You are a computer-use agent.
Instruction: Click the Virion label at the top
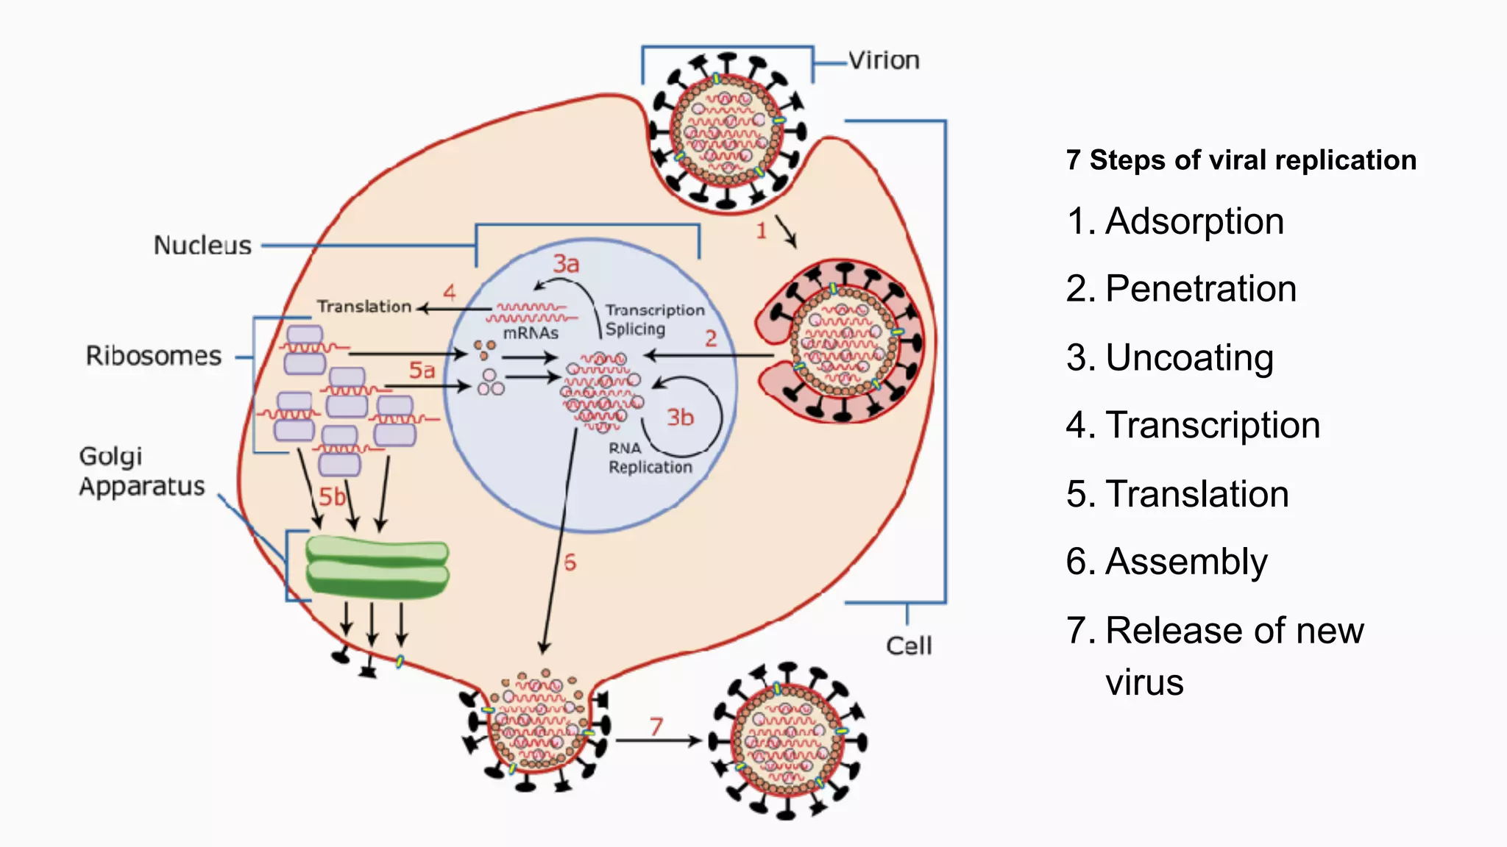point(883,60)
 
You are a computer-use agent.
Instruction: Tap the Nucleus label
point(202,245)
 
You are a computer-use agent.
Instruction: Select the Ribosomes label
point(153,356)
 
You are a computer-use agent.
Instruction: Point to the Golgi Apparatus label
point(141,471)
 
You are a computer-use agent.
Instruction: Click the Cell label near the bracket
point(909,646)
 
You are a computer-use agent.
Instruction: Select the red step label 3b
point(680,418)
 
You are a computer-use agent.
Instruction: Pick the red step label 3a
point(566,264)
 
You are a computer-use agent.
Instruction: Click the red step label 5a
point(422,370)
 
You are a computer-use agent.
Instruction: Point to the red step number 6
point(570,563)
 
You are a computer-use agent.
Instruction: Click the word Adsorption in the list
point(1194,221)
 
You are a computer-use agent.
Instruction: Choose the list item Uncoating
point(1189,358)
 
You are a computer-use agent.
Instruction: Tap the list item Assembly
point(1186,562)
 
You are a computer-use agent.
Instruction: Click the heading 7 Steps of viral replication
point(1241,160)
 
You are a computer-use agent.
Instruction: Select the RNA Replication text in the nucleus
point(649,458)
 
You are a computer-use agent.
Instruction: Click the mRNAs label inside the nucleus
point(531,333)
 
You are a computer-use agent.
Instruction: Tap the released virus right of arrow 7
point(787,741)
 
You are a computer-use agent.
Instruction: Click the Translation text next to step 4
point(364,307)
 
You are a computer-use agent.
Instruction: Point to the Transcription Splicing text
point(653,320)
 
